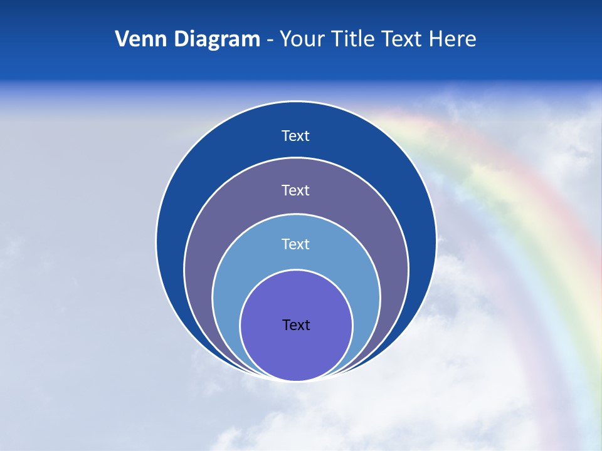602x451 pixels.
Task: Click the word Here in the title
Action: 452,39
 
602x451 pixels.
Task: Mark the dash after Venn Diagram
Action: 270,41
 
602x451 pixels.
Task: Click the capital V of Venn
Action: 122,39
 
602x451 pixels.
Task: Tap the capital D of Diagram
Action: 181,39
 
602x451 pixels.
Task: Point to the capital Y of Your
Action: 285,39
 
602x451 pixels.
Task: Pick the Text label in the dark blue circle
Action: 296,136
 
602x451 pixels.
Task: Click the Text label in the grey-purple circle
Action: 296,190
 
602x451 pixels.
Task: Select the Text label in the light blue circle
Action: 296,244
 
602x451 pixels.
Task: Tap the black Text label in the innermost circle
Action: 296,324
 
